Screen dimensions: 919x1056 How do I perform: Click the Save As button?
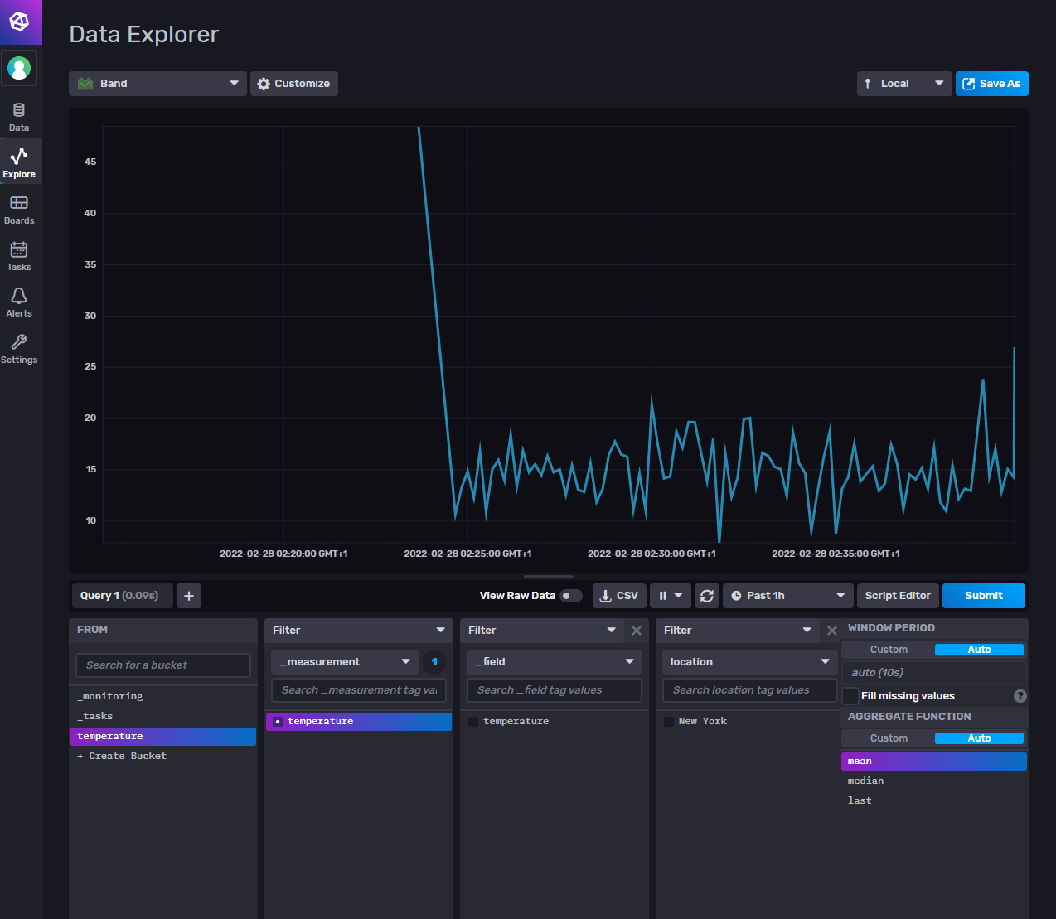point(991,84)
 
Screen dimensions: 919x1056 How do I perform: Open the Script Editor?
point(897,596)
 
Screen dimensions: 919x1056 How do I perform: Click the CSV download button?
point(619,596)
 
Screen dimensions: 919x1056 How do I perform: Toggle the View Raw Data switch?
point(570,596)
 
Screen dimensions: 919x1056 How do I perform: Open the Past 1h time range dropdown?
point(787,596)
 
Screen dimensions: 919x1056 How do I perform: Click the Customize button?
point(294,84)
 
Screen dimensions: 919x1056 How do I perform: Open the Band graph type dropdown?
point(157,84)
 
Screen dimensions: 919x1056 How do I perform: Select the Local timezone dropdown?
point(903,84)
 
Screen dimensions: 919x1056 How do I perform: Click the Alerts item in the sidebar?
point(19,302)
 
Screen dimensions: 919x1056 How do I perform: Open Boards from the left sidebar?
point(19,210)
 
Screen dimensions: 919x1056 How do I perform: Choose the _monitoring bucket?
point(110,696)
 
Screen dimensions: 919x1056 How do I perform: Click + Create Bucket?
point(122,756)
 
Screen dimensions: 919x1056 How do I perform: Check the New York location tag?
point(669,722)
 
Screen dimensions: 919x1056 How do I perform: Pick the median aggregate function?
point(866,781)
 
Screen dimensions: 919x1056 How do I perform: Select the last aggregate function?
point(860,800)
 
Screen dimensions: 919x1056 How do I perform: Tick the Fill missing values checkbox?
point(850,696)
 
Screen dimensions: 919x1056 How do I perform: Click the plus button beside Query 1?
point(189,596)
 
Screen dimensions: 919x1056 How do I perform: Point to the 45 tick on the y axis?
point(90,162)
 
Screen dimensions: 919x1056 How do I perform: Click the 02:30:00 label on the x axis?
point(652,554)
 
